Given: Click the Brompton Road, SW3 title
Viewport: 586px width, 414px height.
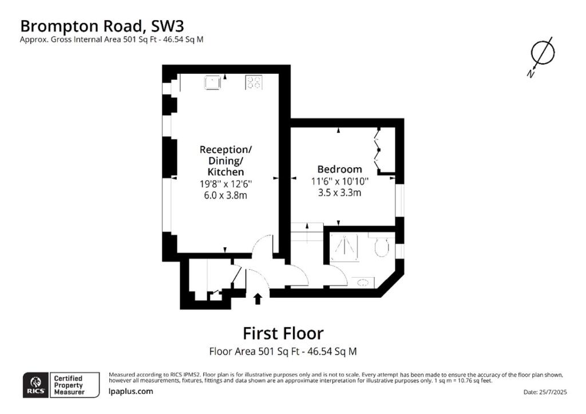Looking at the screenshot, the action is (102, 26).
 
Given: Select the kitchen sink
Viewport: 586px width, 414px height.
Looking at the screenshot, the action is (212, 82).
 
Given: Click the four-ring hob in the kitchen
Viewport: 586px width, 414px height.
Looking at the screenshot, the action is (254, 82).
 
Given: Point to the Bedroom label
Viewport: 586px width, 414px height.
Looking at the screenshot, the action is (340, 169).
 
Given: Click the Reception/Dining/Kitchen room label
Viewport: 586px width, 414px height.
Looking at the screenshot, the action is (225, 161).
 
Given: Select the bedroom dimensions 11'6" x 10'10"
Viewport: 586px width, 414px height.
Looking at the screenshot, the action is (340, 182).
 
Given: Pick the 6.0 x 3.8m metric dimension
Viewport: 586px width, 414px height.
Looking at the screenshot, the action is (225, 195).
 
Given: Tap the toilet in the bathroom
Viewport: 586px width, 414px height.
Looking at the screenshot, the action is (381, 246).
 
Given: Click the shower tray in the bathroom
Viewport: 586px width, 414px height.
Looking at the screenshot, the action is (344, 247).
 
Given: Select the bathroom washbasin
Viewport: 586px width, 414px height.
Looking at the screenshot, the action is (363, 282).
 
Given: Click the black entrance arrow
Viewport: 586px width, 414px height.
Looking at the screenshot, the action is (258, 299).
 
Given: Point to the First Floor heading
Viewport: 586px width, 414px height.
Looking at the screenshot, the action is (283, 333).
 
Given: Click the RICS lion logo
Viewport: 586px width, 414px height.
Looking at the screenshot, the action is (36, 385).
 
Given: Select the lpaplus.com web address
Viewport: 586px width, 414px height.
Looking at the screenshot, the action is (130, 391).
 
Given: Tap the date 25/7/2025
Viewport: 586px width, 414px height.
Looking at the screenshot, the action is (553, 392).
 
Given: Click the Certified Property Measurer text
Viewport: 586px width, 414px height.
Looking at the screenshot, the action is (69, 385).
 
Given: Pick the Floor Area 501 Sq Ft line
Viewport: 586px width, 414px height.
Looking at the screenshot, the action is (283, 352).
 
